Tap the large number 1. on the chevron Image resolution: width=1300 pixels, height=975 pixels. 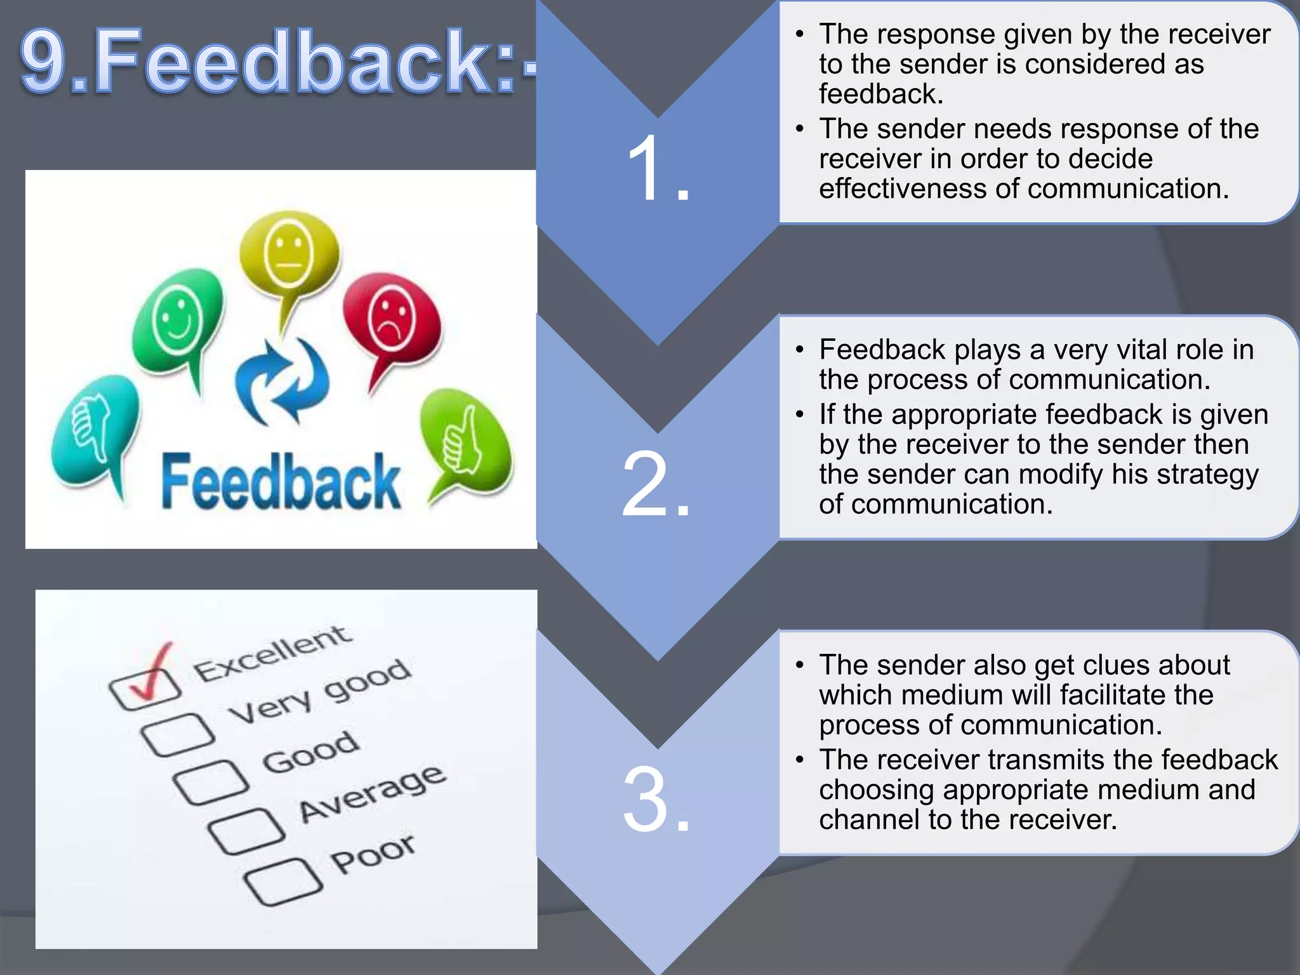[658, 169]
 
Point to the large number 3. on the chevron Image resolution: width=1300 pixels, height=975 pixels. [656, 800]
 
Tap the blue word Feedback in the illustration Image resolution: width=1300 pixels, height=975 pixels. [281, 482]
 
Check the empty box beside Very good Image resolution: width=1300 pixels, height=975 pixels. [178, 734]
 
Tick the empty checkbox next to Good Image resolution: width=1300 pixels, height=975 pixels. [211, 781]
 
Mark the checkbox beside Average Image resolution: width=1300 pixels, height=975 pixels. [246, 831]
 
